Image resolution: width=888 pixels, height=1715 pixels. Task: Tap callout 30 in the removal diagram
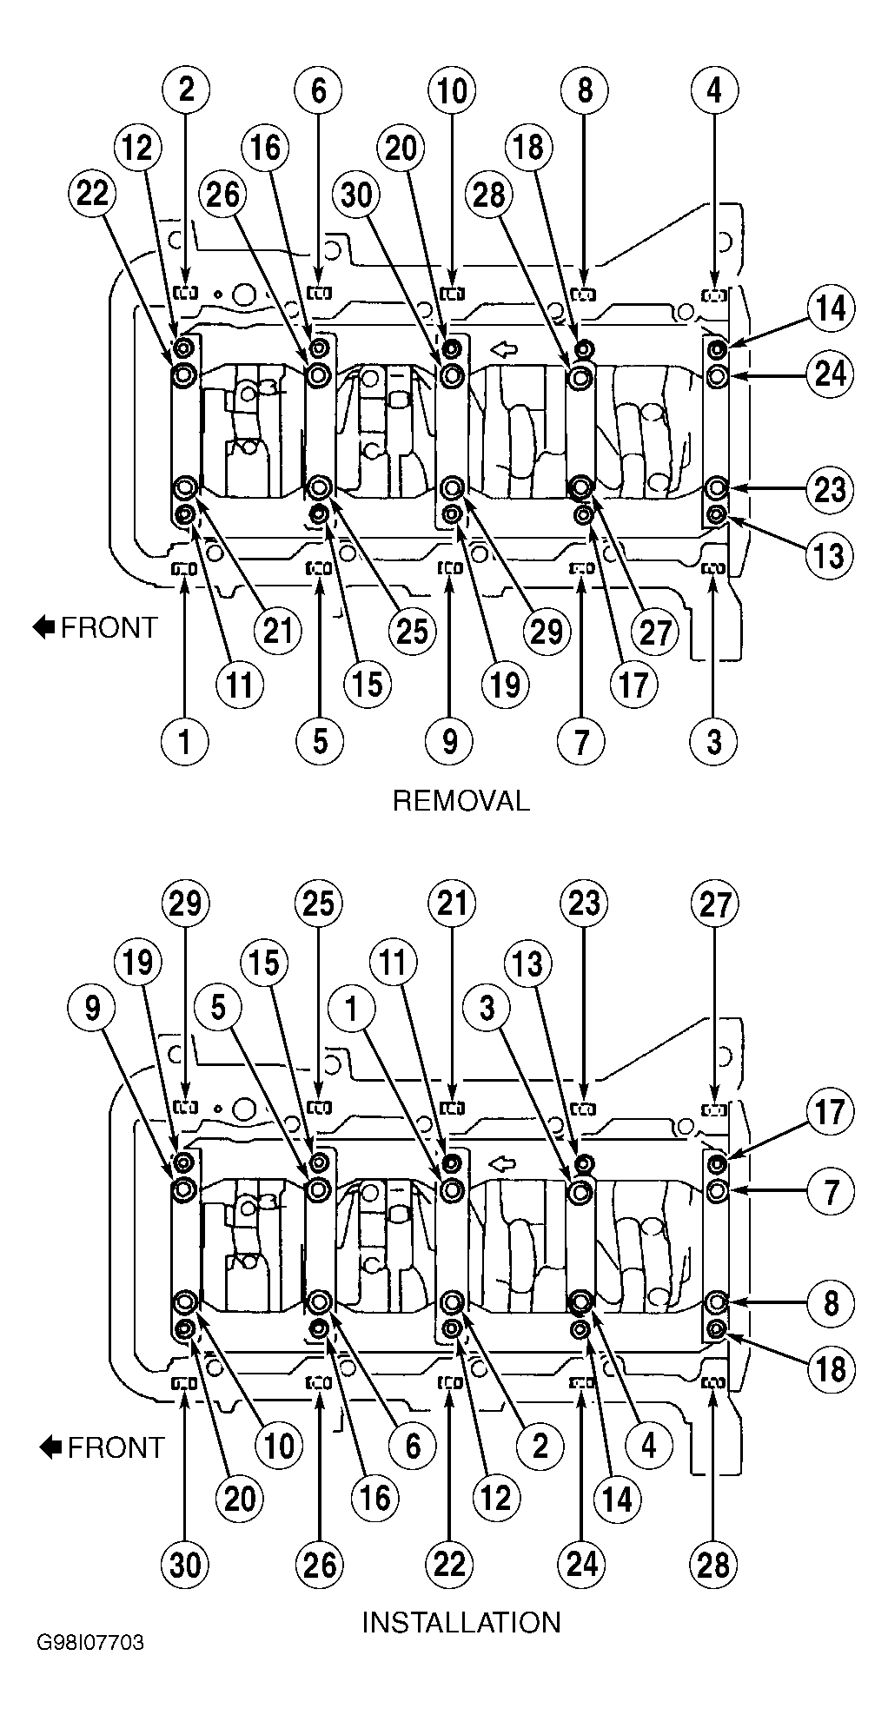(357, 195)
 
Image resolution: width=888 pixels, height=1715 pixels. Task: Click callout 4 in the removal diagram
(714, 90)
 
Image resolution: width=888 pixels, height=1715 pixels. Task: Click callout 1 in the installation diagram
(351, 1008)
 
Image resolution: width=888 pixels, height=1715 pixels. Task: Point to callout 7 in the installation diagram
(832, 1192)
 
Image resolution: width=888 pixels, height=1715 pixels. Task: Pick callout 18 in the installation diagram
(832, 1369)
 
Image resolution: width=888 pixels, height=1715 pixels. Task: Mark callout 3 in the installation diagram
(487, 1008)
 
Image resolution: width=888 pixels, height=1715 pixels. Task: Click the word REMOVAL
(461, 800)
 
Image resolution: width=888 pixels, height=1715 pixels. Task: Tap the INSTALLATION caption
(461, 1622)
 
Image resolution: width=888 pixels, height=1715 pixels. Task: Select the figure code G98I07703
(90, 1668)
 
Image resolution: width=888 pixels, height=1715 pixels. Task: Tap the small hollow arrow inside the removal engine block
(503, 350)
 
